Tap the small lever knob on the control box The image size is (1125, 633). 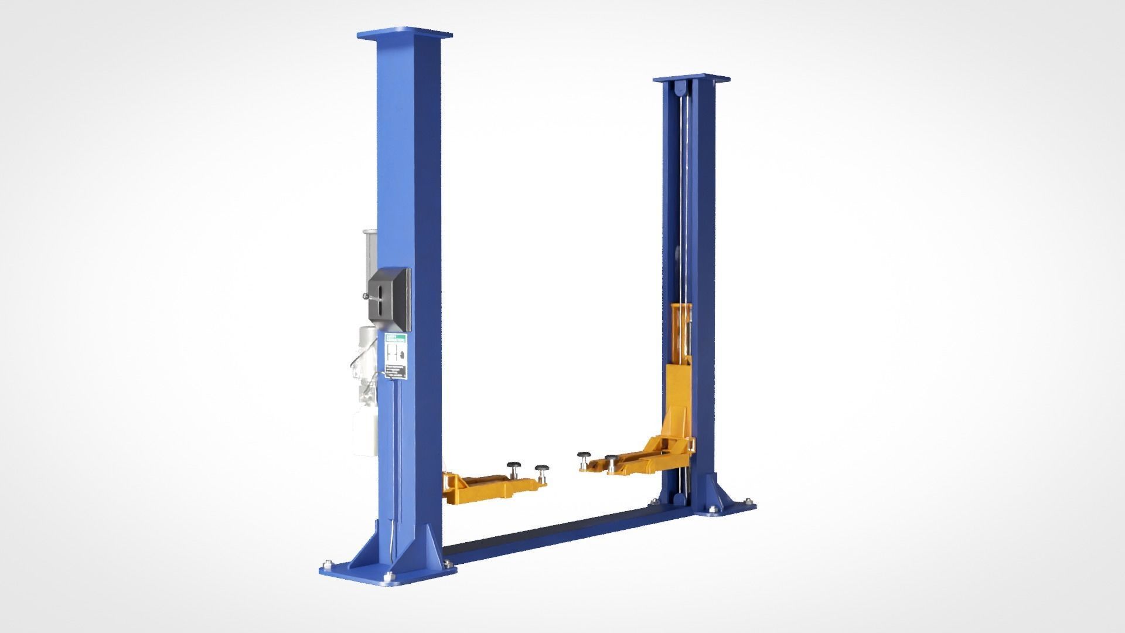tap(365, 296)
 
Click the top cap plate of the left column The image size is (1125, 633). tap(406, 34)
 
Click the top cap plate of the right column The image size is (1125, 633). tap(693, 78)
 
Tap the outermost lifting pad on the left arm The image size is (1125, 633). tap(540, 468)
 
